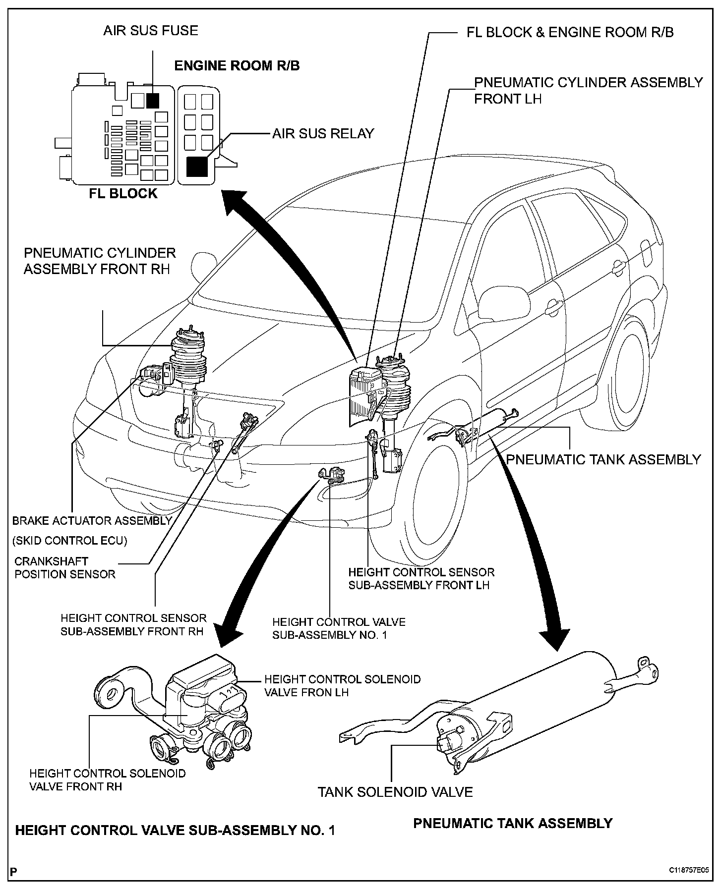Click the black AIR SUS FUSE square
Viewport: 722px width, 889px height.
[x=153, y=101]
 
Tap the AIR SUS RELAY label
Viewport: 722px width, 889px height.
[x=323, y=133]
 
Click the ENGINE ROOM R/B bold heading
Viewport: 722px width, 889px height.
[x=237, y=66]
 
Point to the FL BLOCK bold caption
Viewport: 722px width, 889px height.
[x=123, y=193]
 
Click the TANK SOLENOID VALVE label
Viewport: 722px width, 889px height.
[x=395, y=792]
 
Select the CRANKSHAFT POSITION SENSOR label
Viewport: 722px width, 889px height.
[x=65, y=568]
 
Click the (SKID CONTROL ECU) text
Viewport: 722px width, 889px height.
[x=70, y=540]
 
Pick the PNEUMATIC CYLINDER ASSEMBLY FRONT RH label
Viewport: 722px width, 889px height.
[x=100, y=261]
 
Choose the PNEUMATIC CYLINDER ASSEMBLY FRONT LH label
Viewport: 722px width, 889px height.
[x=589, y=90]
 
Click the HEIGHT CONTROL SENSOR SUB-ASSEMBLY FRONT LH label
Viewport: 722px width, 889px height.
[x=421, y=579]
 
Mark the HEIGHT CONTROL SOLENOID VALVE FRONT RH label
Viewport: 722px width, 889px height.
[x=108, y=780]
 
